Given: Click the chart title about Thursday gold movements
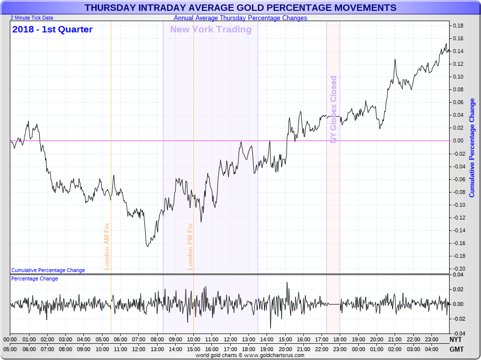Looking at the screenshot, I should (x=240, y=8).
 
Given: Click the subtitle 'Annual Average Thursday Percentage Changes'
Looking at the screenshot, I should (x=240, y=18).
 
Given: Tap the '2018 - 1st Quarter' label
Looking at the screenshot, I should (x=53, y=29).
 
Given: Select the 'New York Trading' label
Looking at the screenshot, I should (x=211, y=29).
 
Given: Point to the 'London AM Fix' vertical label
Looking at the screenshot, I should (x=107, y=246).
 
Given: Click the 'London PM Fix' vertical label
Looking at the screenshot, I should (x=190, y=246).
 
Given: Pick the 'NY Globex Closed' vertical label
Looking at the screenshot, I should (x=334, y=110).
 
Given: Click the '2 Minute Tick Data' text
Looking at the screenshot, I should (x=32, y=18).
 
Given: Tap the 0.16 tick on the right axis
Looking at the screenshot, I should (x=458, y=38).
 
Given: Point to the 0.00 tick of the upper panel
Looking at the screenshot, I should (x=458, y=140).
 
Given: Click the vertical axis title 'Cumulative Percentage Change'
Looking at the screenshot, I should (x=472, y=148).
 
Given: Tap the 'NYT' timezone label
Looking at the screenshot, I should (x=455, y=339).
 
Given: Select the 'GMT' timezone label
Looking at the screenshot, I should (x=455, y=349).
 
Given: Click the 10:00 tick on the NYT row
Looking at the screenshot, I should (x=193, y=339).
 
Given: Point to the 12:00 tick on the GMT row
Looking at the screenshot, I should (x=139, y=349).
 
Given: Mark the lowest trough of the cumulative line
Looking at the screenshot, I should (x=147, y=246).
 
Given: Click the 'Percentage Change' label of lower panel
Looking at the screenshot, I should (x=34, y=278).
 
